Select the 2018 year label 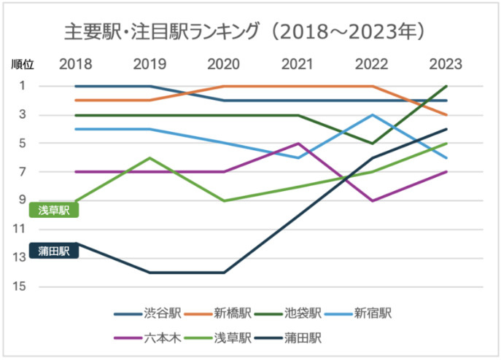(76, 63)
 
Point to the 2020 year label (224, 63)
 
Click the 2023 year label (446, 63)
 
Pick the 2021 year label (298, 63)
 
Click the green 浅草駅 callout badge (53, 209)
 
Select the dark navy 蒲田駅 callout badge (53, 251)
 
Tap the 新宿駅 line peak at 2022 (372, 114)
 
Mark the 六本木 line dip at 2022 (372, 200)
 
